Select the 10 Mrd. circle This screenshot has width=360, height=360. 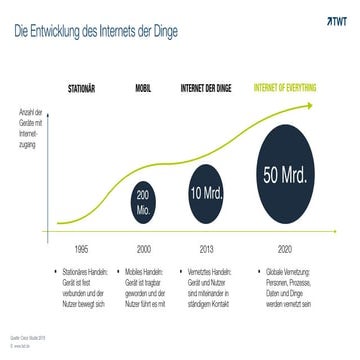[x=205, y=190]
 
